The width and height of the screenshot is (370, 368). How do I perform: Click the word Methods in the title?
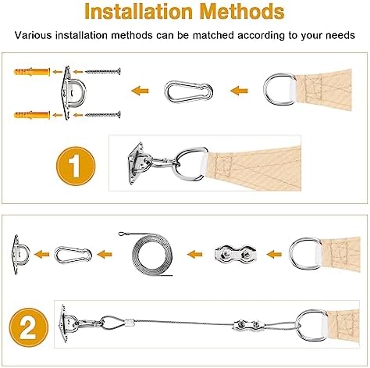tap(238, 13)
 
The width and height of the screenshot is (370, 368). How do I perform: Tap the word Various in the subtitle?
tap(35, 35)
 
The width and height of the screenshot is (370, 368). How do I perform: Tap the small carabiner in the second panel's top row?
tap(73, 252)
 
